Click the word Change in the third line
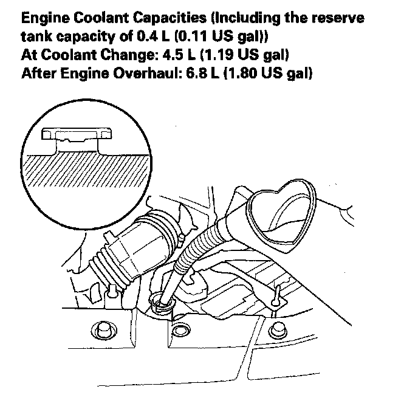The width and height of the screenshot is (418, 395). [x=109, y=57]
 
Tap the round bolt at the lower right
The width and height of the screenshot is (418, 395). [x=280, y=328]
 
